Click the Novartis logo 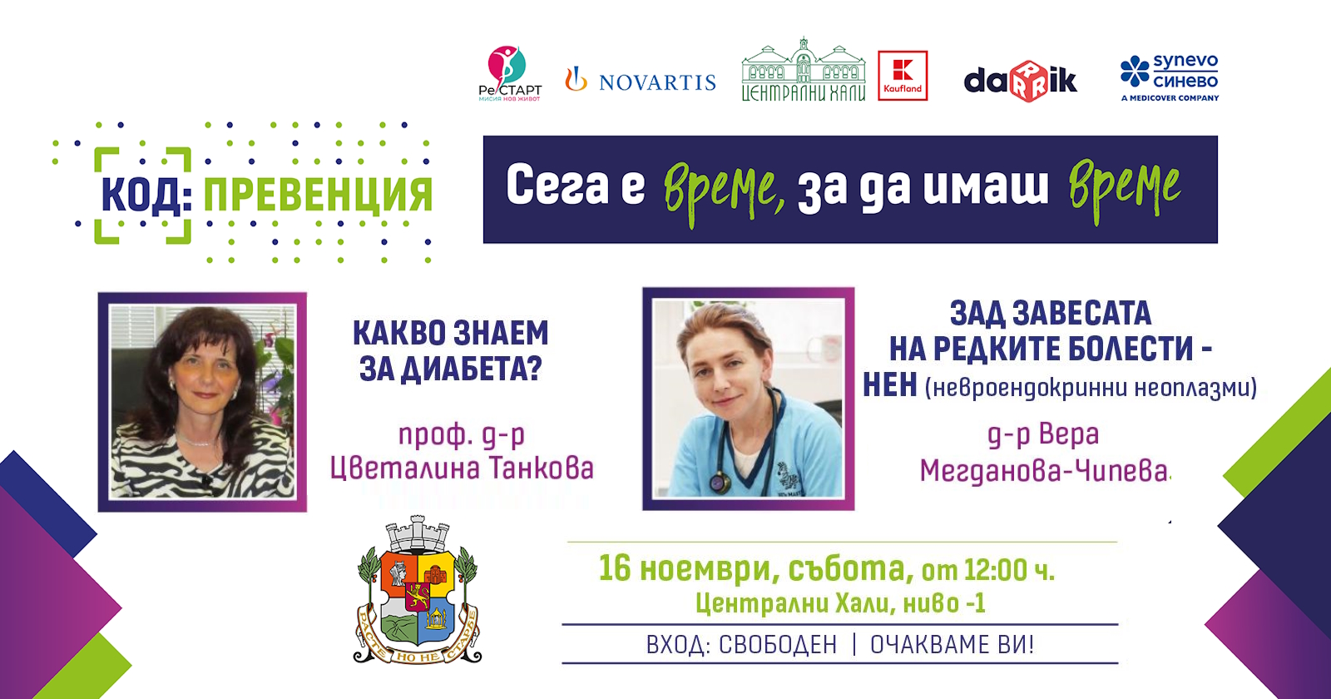641,80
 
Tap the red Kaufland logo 903,76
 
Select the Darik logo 1020,81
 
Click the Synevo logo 1169,78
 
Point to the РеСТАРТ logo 510,74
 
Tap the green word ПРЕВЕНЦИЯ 317,194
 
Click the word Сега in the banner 557,186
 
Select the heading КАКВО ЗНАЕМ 450,333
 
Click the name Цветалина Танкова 462,468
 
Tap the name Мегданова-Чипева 1043,471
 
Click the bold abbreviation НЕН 889,385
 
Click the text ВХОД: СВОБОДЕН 741,645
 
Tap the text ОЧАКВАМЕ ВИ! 952,645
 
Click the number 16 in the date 615,568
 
